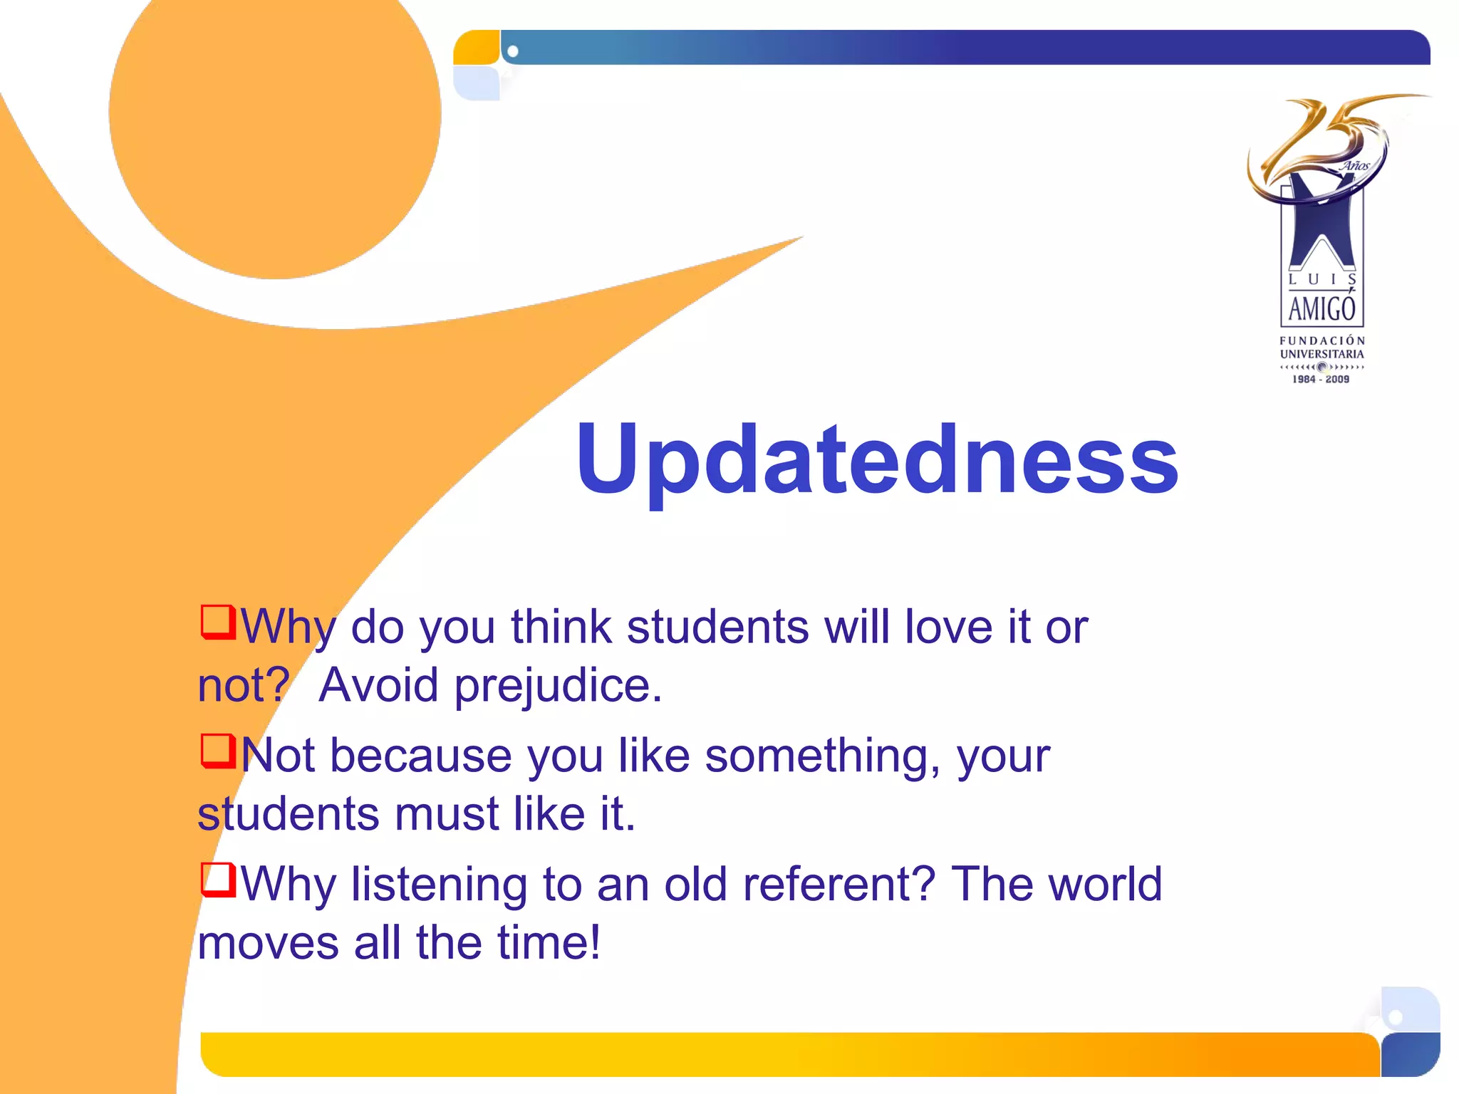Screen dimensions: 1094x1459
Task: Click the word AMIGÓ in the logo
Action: click(x=1322, y=309)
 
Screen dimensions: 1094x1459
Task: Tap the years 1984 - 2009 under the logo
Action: click(x=1321, y=380)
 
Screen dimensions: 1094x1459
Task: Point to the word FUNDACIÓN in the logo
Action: click(x=1322, y=340)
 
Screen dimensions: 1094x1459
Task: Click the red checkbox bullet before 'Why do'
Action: click(x=217, y=622)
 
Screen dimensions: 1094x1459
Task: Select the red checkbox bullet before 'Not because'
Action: click(x=217, y=751)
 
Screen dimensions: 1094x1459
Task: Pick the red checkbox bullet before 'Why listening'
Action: click(x=217, y=880)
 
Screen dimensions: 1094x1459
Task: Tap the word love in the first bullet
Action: click(x=948, y=627)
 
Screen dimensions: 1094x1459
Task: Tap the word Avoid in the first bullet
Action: click(x=378, y=686)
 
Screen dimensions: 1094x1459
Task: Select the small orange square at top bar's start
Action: click(x=477, y=48)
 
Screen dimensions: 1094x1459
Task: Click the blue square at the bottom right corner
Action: click(x=1410, y=1054)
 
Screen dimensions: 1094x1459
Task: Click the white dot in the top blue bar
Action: click(x=513, y=51)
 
